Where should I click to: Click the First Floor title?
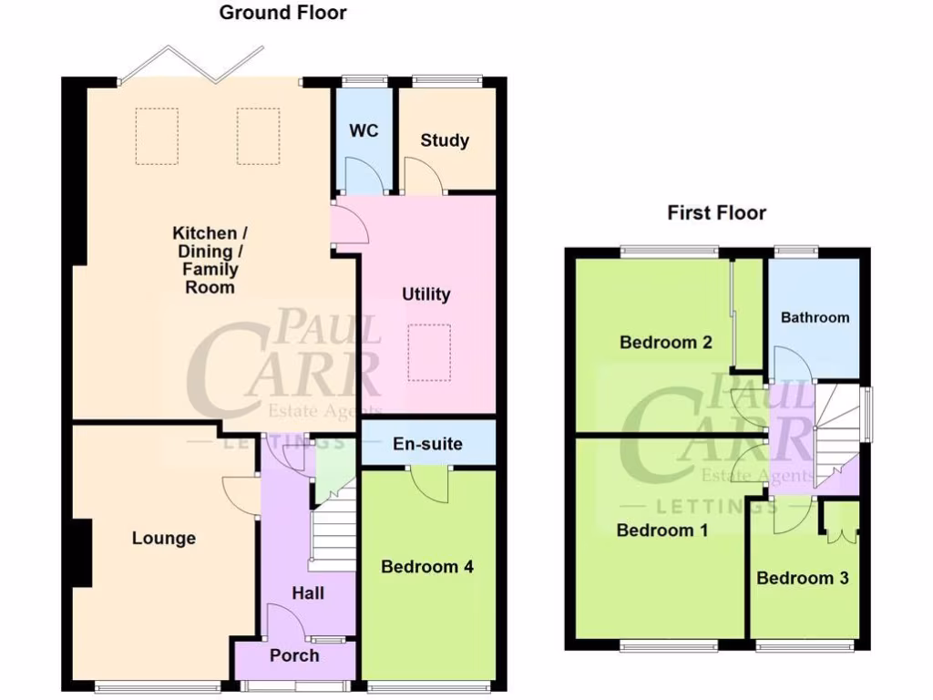tap(716, 213)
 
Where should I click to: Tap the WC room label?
tap(364, 130)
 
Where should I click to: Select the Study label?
tap(445, 140)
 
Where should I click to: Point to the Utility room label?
tap(426, 294)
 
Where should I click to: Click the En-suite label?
tap(427, 445)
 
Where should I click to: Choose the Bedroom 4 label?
tap(426, 567)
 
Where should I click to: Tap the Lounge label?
tap(164, 538)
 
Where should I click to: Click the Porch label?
tap(294, 655)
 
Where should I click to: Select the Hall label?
tap(308, 593)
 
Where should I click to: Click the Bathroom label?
tap(815, 317)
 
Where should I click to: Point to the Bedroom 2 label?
tap(665, 343)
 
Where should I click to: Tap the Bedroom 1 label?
tap(662, 530)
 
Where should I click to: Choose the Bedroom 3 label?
tap(795, 578)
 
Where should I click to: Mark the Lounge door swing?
tap(240, 498)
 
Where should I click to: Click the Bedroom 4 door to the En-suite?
tap(428, 481)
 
